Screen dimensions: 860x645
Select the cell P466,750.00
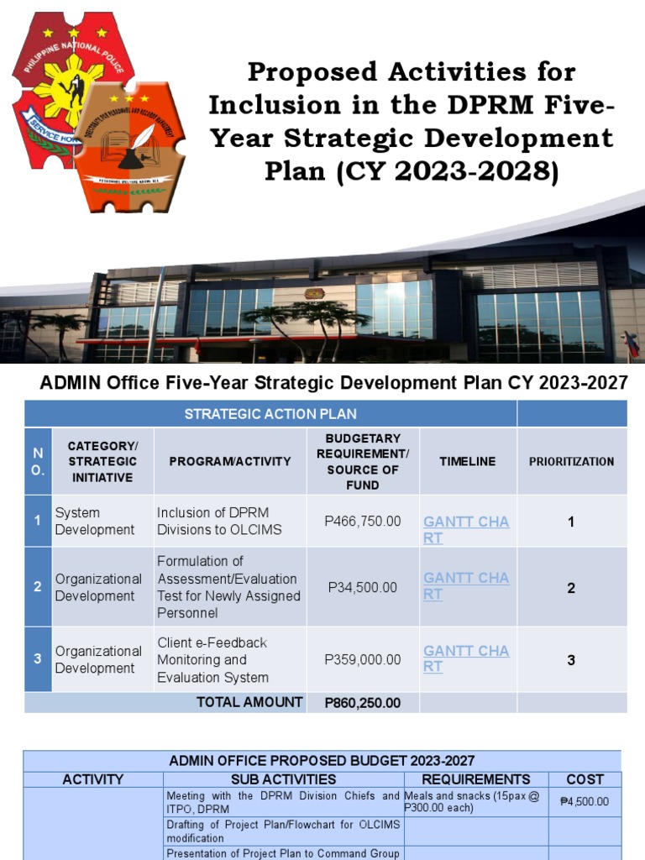pos(363,521)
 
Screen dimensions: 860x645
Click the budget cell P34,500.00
pos(363,587)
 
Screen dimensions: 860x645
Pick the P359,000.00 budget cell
pos(363,659)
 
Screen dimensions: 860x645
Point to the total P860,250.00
pos(363,703)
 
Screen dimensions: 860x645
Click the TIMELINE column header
pos(467,461)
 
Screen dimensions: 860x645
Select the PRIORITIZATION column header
pos(571,461)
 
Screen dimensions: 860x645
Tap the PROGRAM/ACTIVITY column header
pos(230,461)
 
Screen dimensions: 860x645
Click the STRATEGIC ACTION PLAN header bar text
pos(270,413)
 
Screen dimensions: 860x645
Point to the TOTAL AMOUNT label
pos(249,702)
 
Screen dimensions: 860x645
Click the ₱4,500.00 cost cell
pos(585,801)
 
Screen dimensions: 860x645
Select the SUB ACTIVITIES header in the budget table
pos(283,779)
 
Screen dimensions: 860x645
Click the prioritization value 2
pos(571,588)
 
